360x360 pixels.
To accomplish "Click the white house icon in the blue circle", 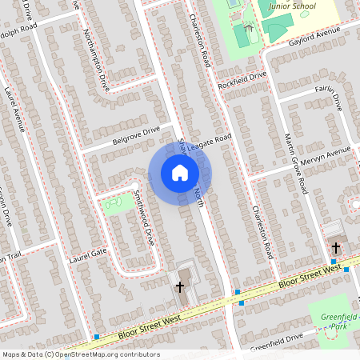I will click(180, 172).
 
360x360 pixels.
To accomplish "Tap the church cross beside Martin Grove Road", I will click(335, 248).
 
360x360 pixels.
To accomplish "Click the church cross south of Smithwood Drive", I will click(180, 286).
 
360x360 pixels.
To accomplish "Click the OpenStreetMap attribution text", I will click(80, 354).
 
